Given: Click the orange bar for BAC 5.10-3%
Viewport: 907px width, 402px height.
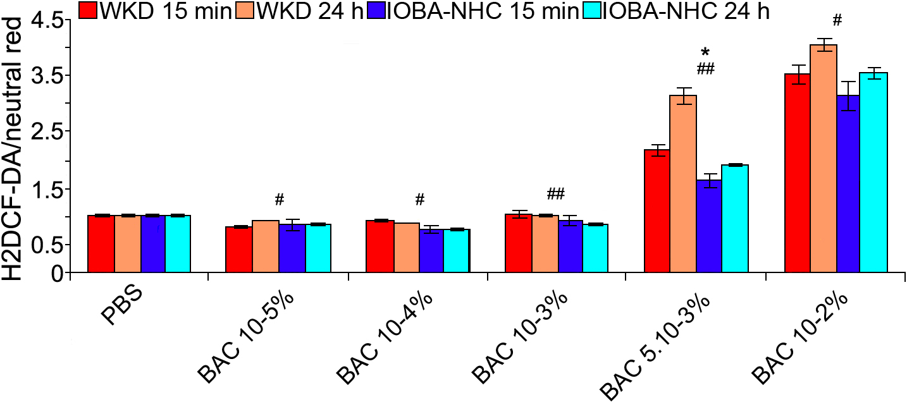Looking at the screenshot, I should click(x=682, y=183).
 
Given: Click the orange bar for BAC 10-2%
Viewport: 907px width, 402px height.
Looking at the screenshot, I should click(x=823, y=158).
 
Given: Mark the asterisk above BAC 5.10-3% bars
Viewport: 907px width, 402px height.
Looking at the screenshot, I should click(x=705, y=52).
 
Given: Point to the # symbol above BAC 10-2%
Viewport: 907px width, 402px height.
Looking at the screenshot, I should click(x=837, y=20).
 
